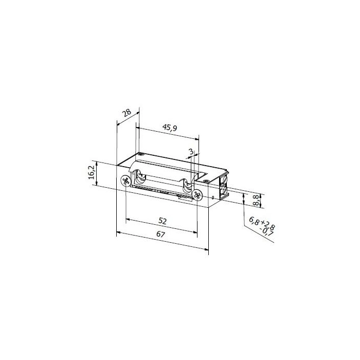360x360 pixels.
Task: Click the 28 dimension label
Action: point(127,113)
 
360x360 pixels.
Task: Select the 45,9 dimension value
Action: point(170,128)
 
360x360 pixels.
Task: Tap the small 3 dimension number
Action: point(191,152)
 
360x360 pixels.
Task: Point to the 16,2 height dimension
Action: point(92,172)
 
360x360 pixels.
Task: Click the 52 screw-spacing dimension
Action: point(163,221)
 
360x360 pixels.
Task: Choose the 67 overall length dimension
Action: point(160,235)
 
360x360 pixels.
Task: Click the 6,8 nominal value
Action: point(255,221)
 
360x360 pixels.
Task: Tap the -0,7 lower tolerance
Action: point(266,231)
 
